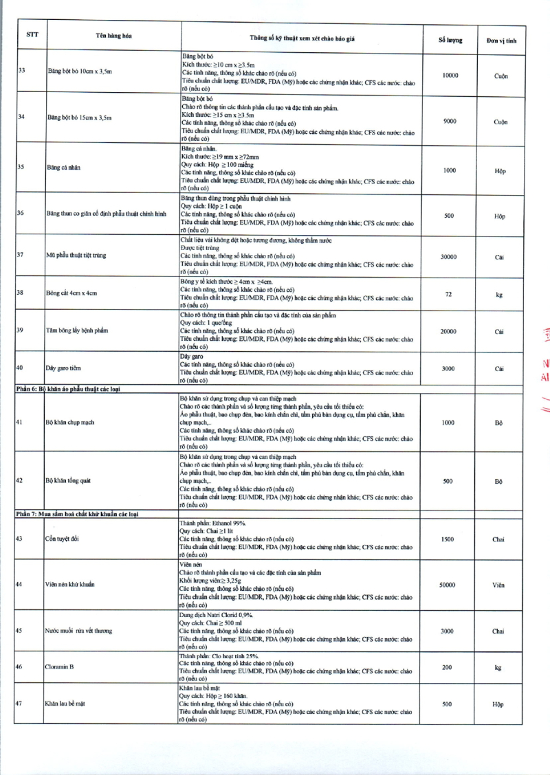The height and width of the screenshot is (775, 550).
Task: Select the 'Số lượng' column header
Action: point(450,40)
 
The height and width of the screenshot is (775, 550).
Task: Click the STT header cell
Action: point(32,36)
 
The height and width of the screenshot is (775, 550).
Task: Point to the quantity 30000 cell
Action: point(448,257)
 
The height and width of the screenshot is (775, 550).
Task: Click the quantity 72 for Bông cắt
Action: point(448,294)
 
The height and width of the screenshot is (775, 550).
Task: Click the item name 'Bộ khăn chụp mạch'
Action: point(71,423)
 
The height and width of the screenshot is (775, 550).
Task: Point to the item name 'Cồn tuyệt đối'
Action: point(62,539)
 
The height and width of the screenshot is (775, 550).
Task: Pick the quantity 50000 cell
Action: point(447,585)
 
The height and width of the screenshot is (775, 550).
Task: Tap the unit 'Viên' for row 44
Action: point(498,585)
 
